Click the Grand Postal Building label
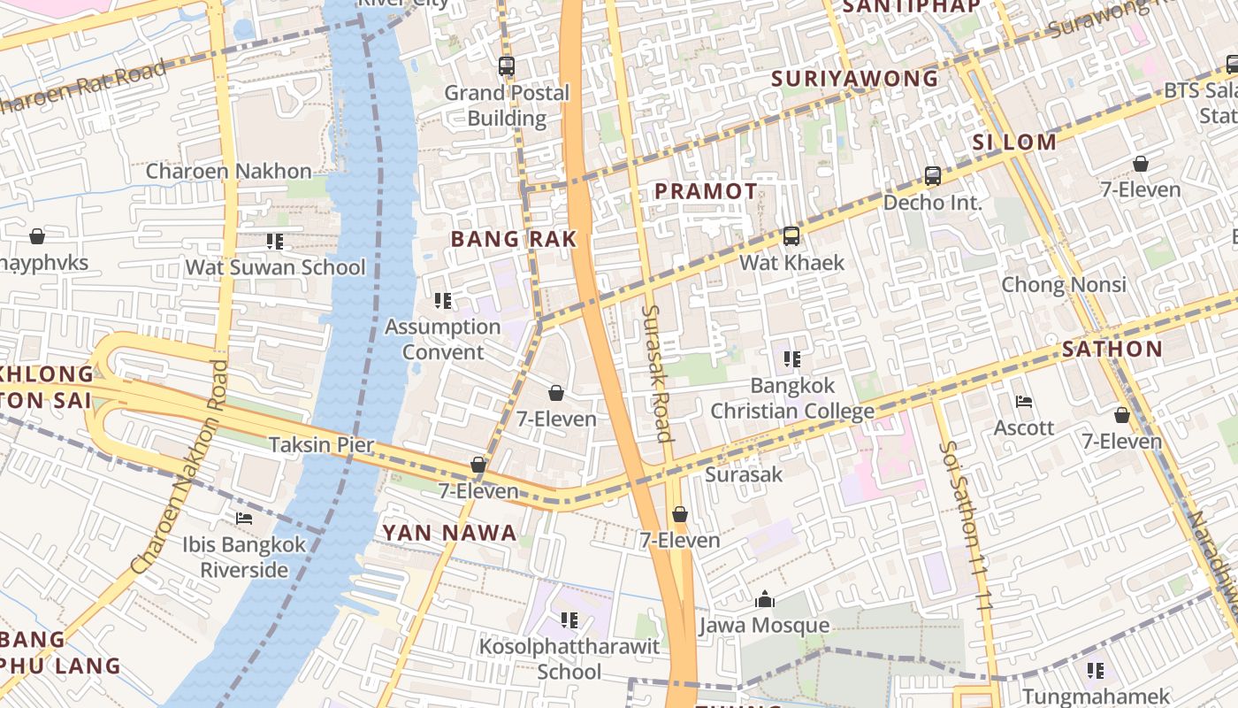507,105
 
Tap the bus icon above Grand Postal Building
507,65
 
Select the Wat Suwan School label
275,267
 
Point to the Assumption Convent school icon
443,301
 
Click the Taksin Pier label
322,444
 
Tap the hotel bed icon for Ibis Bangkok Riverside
244,518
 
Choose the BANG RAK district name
514,239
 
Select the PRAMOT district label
706,191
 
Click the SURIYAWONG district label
854,79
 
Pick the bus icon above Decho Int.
933,175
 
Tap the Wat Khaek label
791,263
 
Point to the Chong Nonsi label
1063,285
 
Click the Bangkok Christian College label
792,398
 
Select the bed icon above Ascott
1024,402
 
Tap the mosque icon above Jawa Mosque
765,600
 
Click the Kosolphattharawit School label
569,658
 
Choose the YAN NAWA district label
449,533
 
